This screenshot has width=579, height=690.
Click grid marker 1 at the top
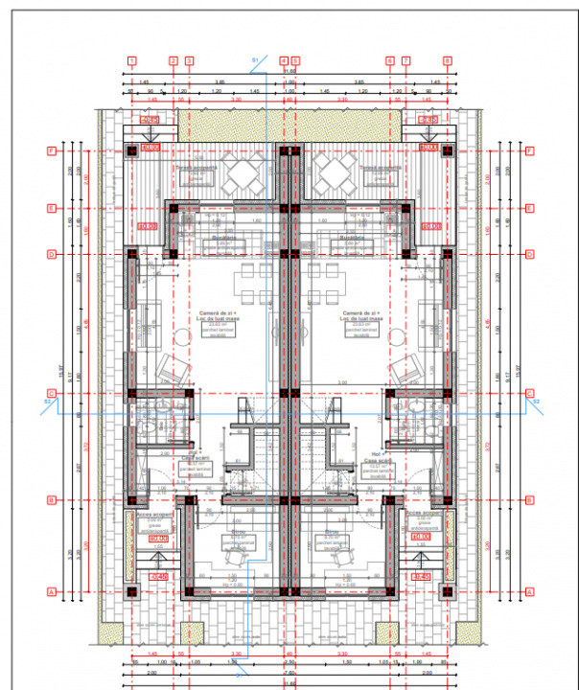pos(129,60)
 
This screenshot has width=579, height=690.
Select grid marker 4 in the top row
pos(284,60)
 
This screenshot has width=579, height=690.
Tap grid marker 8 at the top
pos(448,60)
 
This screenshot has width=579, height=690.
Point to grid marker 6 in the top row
pos(390,60)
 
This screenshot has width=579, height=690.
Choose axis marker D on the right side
pos(528,254)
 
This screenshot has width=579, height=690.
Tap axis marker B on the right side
pos(528,499)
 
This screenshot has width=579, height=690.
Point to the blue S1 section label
pos(255,60)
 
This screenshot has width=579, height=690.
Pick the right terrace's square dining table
pos(337,175)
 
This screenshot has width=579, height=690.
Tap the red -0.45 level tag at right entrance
pos(420,575)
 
